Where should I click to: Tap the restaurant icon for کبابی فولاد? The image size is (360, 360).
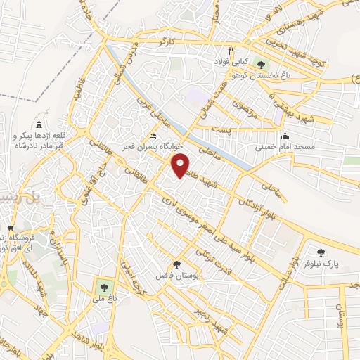point(230,51)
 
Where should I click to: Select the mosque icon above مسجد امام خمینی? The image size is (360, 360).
point(285,136)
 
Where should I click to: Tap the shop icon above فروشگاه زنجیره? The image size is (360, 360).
point(11,229)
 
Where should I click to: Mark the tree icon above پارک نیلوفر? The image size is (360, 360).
point(321,252)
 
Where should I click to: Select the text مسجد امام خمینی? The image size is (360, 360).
point(285,148)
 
